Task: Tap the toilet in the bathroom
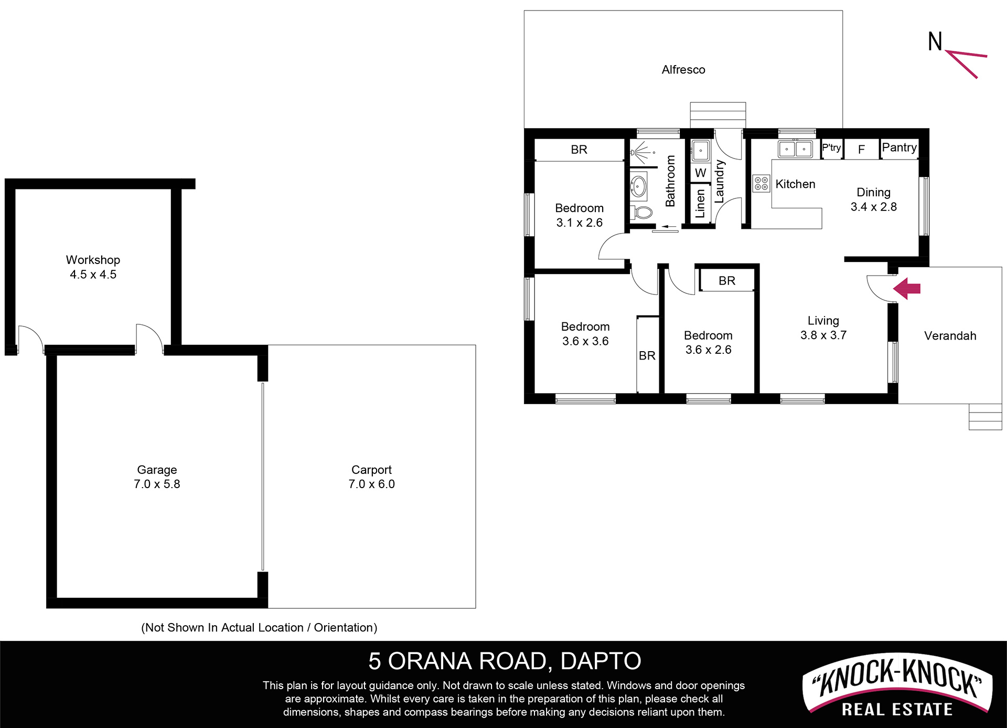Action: coord(641,213)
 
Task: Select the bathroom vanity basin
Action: coord(638,186)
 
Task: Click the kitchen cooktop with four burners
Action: coord(761,183)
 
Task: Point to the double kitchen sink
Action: coord(795,149)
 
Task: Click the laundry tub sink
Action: coord(700,151)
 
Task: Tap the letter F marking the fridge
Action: coord(861,150)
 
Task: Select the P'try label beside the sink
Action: coord(831,148)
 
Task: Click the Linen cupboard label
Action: coord(700,204)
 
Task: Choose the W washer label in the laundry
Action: coord(700,173)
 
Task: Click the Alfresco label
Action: coord(683,70)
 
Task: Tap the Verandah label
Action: coord(950,336)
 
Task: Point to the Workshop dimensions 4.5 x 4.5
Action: coord(93,275)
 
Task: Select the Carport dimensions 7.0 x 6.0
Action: coord(371,484)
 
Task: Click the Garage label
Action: coord(157,470)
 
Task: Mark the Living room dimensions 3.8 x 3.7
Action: coord(823,335)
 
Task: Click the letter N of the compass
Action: coord(935,41)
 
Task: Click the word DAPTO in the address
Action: coord(601,661)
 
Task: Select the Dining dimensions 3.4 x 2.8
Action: coord(874,207)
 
